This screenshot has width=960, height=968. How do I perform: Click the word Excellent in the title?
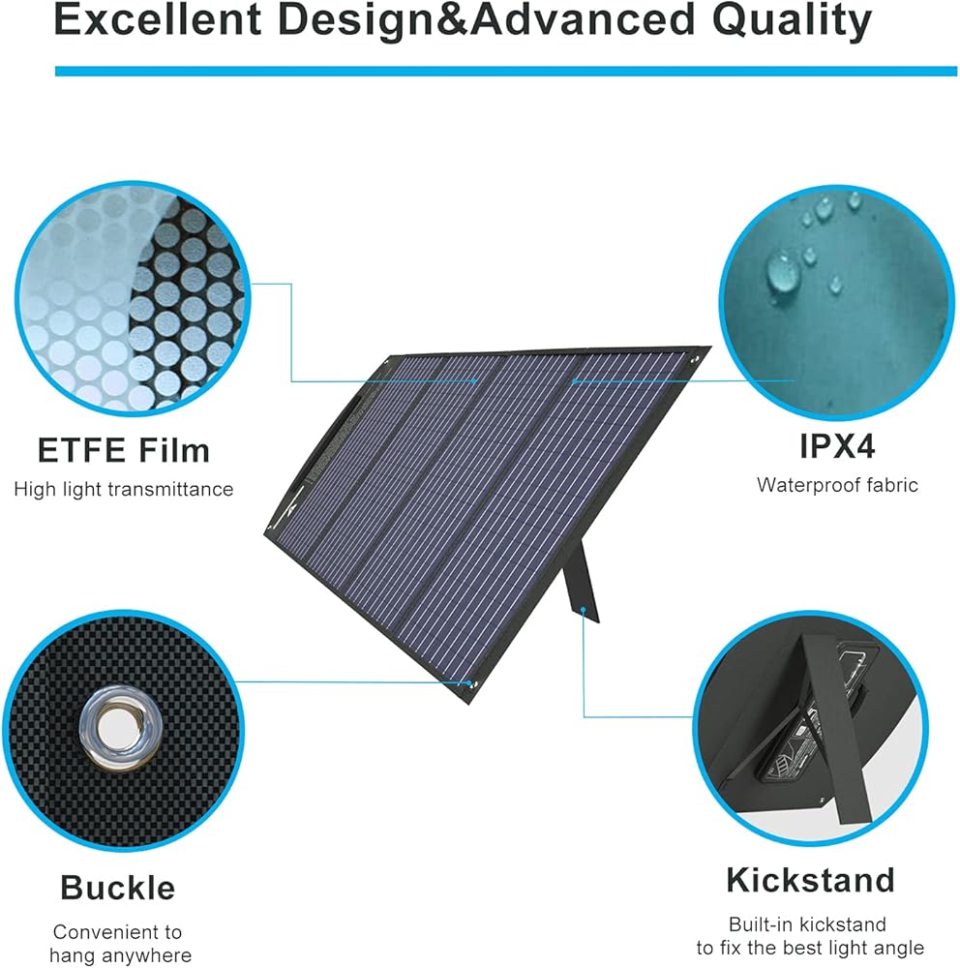(x=158, y=19)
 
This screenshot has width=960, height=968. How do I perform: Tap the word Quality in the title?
(x=792, y=21)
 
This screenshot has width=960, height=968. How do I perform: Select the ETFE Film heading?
(x=124, y=450)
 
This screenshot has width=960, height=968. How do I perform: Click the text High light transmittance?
(x=124, y=490)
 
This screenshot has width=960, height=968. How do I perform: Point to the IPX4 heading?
(x=837, y=445)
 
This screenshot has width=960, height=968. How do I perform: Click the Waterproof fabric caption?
(x=837, y=485)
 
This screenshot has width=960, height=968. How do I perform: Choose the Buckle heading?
(x=118, y=888)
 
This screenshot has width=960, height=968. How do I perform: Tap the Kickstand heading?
(x=810, y=880)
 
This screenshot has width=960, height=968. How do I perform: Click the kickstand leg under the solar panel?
(x=581, y=580)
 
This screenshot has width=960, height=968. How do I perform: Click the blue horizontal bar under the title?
(x=506, y=72)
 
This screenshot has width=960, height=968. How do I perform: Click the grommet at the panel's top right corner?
(x=695, y=359)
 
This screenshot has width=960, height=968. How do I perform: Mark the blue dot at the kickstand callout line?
(x=583, y=610)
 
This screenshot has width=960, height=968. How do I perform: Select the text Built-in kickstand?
(x=807, y=924)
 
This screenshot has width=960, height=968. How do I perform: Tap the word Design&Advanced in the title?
(x=487, y=20)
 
